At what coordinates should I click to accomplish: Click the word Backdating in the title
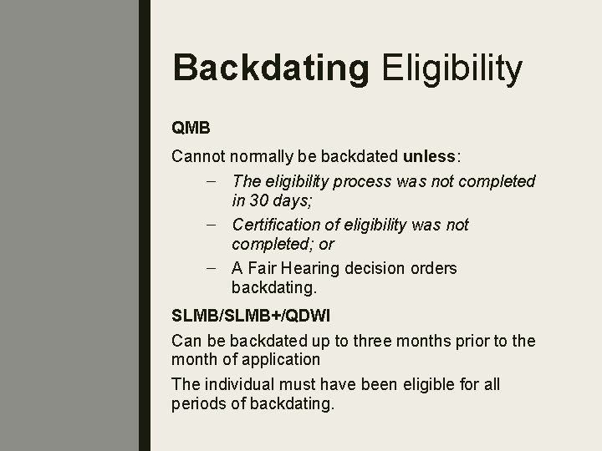click(x=270, y=68)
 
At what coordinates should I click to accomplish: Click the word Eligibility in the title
click(x=452, y=68)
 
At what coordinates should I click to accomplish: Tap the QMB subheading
click(x=191, y=129)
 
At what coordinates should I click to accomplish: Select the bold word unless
click(x=430, y=156)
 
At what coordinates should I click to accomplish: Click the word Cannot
click(x=197, y=156)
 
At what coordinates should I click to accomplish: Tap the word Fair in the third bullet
click(x=263, y=268)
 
